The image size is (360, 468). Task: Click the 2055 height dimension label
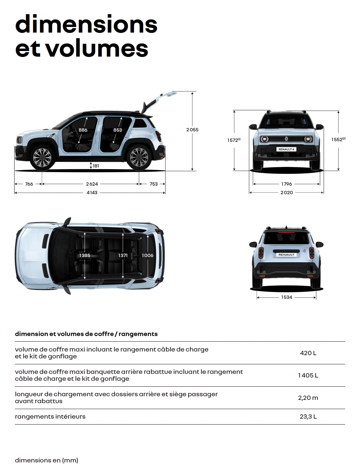pos(192,130)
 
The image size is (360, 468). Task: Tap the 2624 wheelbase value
pos(92,184)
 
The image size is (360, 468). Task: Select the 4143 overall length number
pos(92,193)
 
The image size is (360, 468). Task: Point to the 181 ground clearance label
pos(96,166)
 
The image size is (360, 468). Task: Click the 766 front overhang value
pos(29,184)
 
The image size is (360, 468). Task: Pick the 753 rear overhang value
pos(154,184)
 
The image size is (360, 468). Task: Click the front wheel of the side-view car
pos(42,157)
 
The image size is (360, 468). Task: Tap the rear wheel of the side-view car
pos(139,157)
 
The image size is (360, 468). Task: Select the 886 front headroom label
pos(83,130)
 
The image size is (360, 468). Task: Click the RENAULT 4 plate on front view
pos(286,149)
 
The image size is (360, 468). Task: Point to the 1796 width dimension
pos(286,184)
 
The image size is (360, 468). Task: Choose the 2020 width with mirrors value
pos(286,193)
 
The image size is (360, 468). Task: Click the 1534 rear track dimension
pos(286,297)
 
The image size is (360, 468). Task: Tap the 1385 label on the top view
pos(85,255)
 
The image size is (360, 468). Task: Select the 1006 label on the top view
pos(147,255)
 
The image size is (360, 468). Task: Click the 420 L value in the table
pos(308,353)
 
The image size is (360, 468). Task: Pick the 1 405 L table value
pos(308,375)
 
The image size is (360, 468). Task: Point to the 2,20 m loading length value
pos(308,398)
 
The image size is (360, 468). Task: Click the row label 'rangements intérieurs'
pos(50,416)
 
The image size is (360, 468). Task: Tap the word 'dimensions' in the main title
pos(86,24)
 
